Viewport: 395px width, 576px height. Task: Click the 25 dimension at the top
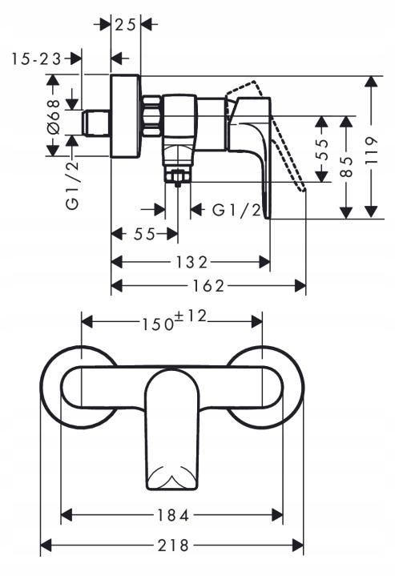125,24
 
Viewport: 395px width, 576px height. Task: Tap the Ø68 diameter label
53,116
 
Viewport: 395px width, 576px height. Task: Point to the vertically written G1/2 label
73,184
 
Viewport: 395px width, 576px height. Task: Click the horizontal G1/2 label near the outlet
237,211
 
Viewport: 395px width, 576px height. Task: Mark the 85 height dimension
347,166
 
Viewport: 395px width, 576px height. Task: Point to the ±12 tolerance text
192,317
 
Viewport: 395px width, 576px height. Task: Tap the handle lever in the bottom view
171,433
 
